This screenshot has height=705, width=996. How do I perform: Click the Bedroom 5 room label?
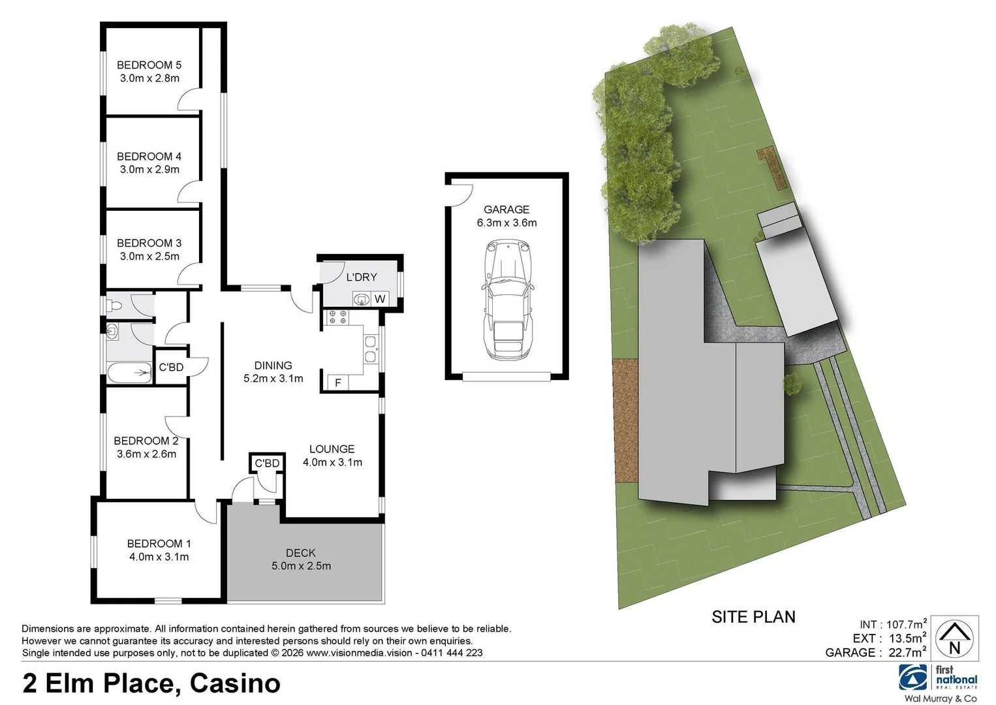149,65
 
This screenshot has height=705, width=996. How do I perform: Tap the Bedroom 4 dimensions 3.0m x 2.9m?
149,170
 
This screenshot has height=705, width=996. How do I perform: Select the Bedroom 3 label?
149,243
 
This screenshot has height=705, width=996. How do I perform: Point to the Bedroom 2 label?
146,441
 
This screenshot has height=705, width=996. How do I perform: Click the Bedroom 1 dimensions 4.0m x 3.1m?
159,557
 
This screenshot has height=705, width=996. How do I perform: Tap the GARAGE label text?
506,210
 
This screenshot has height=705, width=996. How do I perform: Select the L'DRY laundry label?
361,277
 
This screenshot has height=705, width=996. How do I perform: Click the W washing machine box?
380,299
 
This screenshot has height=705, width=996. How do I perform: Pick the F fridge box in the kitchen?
337,383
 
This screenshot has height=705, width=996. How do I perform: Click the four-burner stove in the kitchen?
337,317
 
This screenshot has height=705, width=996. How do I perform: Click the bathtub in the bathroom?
129,373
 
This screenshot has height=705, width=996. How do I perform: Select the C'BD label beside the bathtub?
171,368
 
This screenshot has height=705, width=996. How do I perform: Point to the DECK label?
300,553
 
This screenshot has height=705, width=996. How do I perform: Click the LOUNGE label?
332,449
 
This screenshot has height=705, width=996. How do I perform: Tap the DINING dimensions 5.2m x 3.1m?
273,379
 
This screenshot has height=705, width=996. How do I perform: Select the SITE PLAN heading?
753,617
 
